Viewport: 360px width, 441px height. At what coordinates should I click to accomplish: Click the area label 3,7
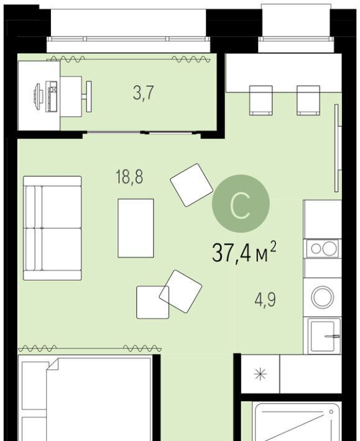pyautogui.click(x=143, y=93)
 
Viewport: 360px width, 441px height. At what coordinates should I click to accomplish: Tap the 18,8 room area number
pyautogui.click(x=129, y=177)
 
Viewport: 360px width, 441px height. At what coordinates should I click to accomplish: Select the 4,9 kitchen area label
pyautogui.click(x=265, y=299)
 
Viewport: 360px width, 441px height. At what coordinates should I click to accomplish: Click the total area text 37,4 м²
pyautogui.click(x=244, y=252)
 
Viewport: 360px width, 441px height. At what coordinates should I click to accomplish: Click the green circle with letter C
pyautogui.click(x=241, y=203)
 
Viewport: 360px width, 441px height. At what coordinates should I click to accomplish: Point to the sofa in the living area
pyautogui.click(x=52, y=228)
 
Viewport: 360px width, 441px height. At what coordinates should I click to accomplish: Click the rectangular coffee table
pyautogui.click(x=136, y=228)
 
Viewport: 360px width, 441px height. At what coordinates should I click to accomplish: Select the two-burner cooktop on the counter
pyautogui.click(x=323, y=248)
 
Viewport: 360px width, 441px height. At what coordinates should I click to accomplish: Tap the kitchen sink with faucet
pyautogui.click(x=324, y=335)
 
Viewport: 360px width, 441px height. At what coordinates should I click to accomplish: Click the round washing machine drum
pyautogui.click(x=323, y=297)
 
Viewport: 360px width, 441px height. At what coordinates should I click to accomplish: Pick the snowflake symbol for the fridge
pyautogui.click(x=261, y=375)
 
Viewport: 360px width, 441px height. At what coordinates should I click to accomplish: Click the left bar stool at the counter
pyautogui.click(x=261, y=101)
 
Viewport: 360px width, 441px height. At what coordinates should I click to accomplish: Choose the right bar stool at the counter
pyautogui.click(x=308, y=101)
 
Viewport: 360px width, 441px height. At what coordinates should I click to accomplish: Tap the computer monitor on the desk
pyautogui.click(x=37, y=96)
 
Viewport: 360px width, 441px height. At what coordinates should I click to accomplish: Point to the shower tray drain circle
pyautogui.click(x=331, y=412)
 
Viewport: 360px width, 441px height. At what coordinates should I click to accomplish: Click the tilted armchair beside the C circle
pyautogui.click(x=192, y=185)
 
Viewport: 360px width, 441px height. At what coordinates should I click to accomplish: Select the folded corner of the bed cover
pyautogui.click(x=53, y=364)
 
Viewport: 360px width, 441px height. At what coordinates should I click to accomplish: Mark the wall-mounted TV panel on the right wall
pyautogui.click(x=336, y=148)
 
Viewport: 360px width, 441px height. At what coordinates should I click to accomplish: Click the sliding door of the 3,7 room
pyautogui.click(x=142, y=132)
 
